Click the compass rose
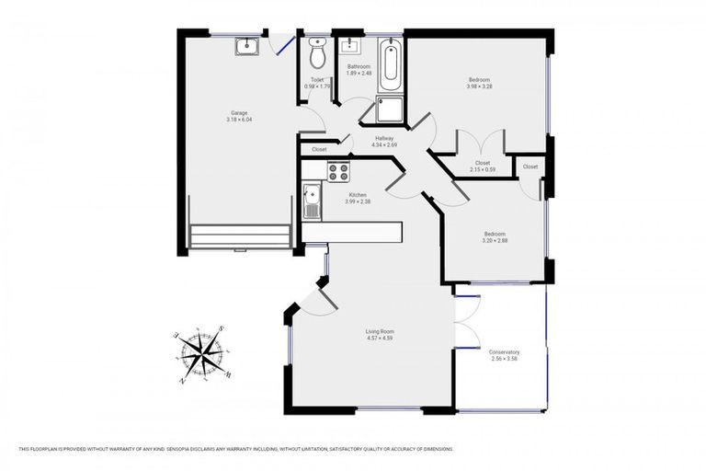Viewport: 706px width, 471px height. pyautogui.click(x=202, y=354)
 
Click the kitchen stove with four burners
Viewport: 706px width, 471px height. pyautogui.click(x=338, y=170)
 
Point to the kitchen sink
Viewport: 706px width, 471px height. pyautogui.click(x=312, y=200)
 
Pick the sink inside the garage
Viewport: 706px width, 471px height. pyautogui.click(x=245, y=47)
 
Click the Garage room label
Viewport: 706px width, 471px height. pyautogui.click(x=239, y=113)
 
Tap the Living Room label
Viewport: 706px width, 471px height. pyautogui.click(x=380, y=331)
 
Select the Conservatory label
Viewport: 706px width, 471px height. pyautogui.click(x=505, y=351)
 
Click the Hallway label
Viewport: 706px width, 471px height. pyautogui.click(x=383, y=138)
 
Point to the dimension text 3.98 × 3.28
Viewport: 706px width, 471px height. pyautogui.click(x=479, y=88)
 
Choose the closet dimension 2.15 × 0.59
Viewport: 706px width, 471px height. pyautogui.click(x=483, y=169)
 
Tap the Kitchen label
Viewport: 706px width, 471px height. pyautogui.click(x=357, y=195)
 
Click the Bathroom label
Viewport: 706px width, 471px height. pyautogui.click(x=358, y=66)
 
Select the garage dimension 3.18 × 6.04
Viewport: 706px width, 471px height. pyautogui.click(x=239, y=120)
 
